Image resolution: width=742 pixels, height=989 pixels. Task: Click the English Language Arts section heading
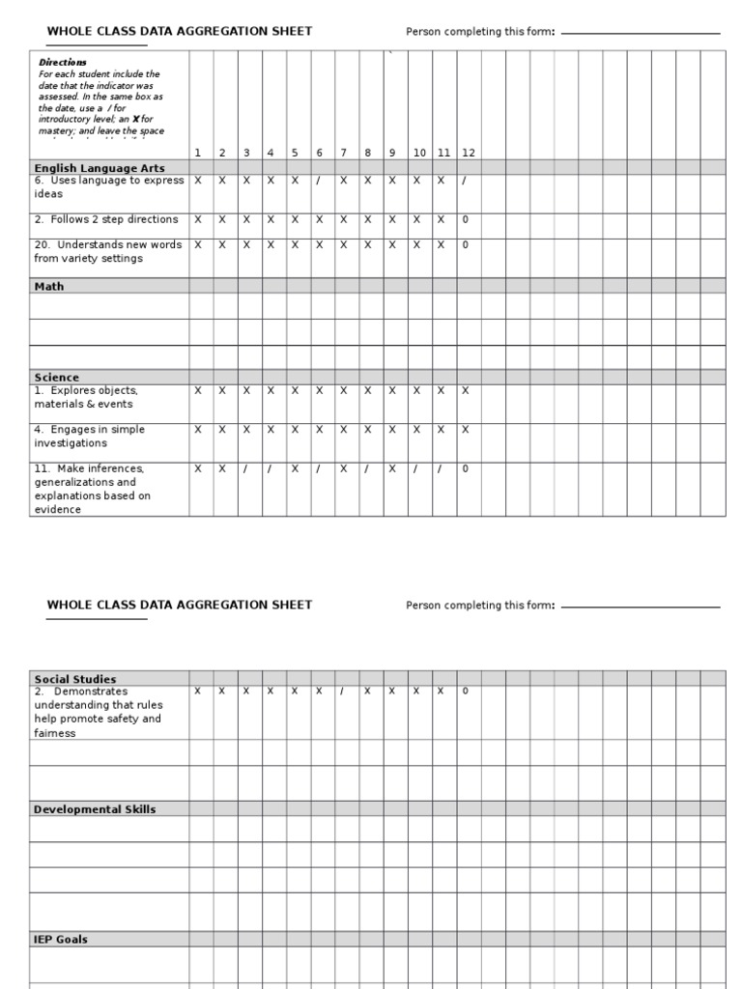(x=100, y=168)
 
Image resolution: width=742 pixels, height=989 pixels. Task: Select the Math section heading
(x=49, y=287)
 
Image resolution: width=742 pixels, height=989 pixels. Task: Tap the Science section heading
(x=57, y=378)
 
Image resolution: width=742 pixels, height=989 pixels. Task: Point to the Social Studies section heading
(x=75, y=679)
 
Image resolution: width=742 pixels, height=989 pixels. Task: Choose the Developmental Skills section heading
(x=95, y=809)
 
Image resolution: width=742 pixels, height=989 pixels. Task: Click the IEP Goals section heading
(x=61, y=939)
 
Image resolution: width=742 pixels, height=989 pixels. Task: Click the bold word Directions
(x=63, y=63)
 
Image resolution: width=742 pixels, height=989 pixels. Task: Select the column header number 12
(x=468, y=153)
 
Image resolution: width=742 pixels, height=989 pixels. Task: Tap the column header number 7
(x=342, y=153)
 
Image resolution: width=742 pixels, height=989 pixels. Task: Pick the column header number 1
(x=197, y=153)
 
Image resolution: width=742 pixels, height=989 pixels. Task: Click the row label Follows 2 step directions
(x=106, y=219)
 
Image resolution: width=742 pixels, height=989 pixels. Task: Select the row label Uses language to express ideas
(x=108, y=186)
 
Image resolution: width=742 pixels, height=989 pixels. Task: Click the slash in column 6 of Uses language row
(x=318, y=180)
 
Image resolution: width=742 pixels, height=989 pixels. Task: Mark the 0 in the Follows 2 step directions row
(x=465, y=219)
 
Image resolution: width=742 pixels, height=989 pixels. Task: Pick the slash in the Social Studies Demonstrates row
(x=342, y=691)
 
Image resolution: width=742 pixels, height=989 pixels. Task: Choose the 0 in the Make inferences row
(x=465, y=468)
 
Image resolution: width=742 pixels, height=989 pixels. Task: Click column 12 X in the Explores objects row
(x=465, y=390)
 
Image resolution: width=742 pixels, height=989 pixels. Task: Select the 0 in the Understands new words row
(x=465, y=244)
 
